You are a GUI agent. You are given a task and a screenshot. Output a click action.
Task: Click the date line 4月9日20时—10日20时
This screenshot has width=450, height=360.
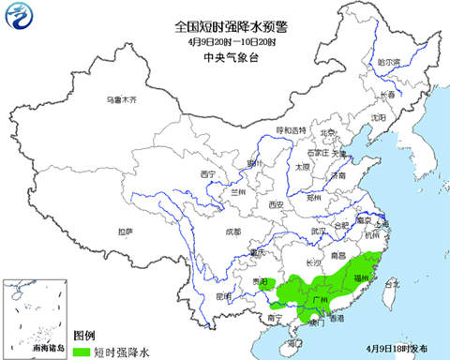225,42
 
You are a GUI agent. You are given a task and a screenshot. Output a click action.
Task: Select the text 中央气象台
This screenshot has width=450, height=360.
225,57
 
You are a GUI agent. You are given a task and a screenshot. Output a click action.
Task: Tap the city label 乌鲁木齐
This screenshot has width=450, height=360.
121,99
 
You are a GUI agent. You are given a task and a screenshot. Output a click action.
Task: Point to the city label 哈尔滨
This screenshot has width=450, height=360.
388,62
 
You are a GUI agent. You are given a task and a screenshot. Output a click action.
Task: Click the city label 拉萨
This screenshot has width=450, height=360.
126,231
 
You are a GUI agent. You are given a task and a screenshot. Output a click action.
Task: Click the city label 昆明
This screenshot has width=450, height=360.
223,296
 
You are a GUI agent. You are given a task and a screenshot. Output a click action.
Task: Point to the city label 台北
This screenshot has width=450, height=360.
393,283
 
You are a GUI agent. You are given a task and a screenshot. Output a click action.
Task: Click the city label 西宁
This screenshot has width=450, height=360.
208,174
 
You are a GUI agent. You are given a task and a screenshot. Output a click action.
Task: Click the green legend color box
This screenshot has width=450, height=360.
83,351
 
